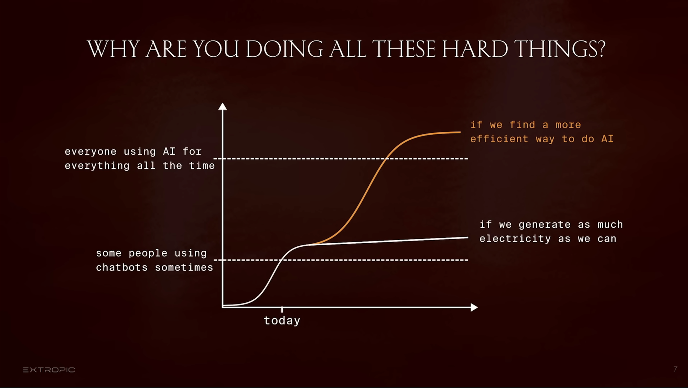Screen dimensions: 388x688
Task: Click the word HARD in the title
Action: pyautogui.click(x=475, y=49)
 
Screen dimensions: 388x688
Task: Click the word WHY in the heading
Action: pyautogui.click(x=113, y=49)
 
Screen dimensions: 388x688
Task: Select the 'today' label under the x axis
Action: pyautogui.click(x=282, y=321)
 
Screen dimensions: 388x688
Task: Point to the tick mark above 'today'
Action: pyautogui.click(x=282, y=309)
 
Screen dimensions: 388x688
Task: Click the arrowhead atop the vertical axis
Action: pyautogui.click(x=223, y=106)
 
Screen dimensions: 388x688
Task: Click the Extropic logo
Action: pyautogui.click(x=49, y=370)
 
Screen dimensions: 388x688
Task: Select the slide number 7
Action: pyautogui.click(x=675, y=369)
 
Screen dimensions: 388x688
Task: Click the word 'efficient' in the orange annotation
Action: pyautogui.click(x=499, y=139)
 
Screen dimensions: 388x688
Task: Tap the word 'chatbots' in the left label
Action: pyautogui.click(x=122, y=268)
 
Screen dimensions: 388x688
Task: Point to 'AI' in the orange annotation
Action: pyautogui.click(x=608, y=139)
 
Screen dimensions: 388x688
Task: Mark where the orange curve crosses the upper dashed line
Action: pyautogui.click(x=387, y=158)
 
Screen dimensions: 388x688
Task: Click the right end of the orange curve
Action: pyautogui.click(x=460, y=132)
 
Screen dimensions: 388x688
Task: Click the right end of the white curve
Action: pyautogui.click(x=467, y=237)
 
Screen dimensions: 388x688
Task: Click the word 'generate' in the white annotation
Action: pyautogui.click(x=545, y=225)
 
